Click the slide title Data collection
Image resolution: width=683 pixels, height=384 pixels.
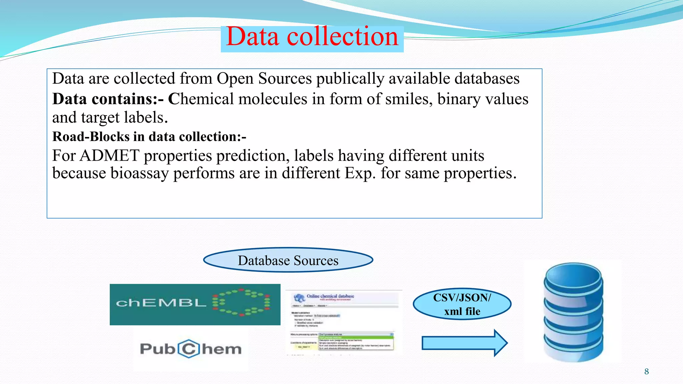tap(312, 37)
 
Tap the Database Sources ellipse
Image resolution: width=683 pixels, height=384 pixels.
tap(288, 260)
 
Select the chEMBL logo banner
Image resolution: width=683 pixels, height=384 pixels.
tap(195, 304)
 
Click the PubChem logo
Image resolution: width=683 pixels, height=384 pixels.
tap(191, 349)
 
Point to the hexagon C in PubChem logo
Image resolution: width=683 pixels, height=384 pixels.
tap(189, 349)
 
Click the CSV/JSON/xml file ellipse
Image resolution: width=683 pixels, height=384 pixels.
tap(462, 304)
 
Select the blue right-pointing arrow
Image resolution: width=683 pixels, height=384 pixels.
tap(464, 343)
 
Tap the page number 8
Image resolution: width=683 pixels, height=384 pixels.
tap(646, 372)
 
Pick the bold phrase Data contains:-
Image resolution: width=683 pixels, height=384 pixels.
tap(108, 99)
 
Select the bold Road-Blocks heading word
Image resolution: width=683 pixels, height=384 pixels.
tap(91, 137)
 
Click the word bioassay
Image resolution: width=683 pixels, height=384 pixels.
tap(139, 173)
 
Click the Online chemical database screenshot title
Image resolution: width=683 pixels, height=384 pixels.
tap(330, 296)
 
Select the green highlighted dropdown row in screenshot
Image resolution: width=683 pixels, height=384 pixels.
tap(356, 337)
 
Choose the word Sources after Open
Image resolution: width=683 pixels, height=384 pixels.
tap(285, 79)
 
